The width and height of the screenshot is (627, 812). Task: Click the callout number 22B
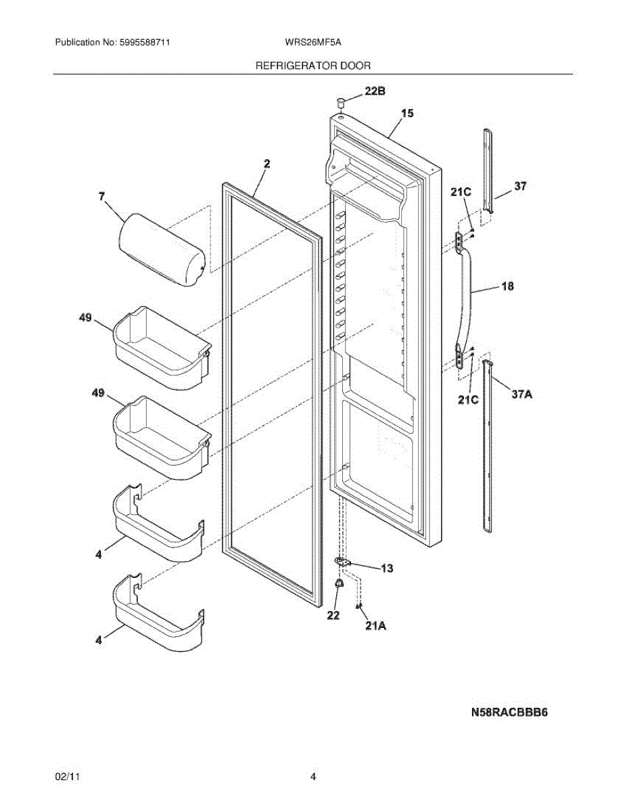click(376, 91)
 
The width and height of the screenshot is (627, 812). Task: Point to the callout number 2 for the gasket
click(266, 164)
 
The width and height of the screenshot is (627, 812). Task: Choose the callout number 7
click(101, 197)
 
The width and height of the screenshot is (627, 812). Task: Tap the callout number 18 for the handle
click(507, 286)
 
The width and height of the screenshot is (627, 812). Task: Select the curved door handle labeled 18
click(467, 298)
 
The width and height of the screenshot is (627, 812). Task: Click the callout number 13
click(387, 568)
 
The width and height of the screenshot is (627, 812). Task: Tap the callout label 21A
click(375, 626)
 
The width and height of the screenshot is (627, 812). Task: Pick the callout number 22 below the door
click(333, 615)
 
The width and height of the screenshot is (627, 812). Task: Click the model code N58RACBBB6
click(509, 713)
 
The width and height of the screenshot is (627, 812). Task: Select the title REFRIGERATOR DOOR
click(312, 66)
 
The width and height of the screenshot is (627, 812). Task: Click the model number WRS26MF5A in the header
click(313, 42)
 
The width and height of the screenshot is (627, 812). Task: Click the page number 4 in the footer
click(313, 777)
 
